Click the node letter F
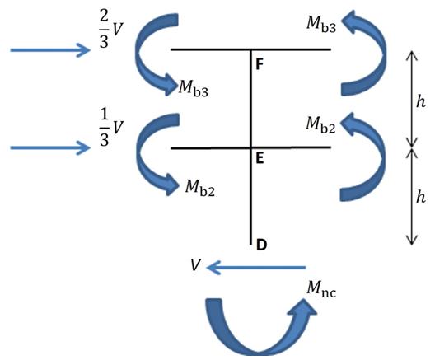(260, 64)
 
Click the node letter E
(260, 159)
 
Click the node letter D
(261, 245)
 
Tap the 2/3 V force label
(110, 29)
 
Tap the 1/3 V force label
(110, 127)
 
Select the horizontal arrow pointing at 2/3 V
(50, 50)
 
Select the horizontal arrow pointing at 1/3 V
(50, 147)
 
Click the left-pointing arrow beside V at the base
(255, 268)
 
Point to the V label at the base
(195, 264)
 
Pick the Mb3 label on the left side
(193, 88)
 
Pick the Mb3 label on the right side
(321, 25)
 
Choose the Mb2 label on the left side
(199, 188)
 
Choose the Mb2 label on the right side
(320, 125)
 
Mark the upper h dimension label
(421, 101)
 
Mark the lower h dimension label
(421, 197)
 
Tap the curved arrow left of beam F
(138, 53)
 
